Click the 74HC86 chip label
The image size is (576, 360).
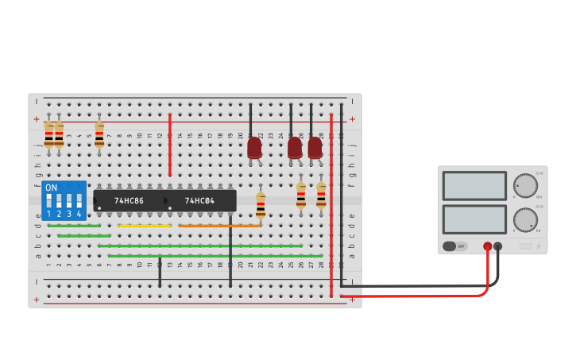(x=129, y=201)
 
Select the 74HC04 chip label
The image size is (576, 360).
(x=199, y=201)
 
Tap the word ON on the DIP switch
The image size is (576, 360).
(x=52, y=188)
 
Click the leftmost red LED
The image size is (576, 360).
(x=254, y=148)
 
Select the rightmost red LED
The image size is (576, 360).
(x=315, y=148)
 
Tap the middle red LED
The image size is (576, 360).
(x=295, y=148)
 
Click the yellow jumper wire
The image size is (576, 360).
(x=145, y=226)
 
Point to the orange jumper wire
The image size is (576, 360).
(x=220, y=226)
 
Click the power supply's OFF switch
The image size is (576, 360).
(x=455, y=246)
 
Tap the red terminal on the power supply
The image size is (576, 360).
(x=488, y=246)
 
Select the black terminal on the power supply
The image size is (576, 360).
(x=498, y=246)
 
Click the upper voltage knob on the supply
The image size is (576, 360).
(x=524, y=185)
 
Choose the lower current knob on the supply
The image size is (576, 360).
(x=524, y=219)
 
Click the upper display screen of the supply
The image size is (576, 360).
(x=474, y=186)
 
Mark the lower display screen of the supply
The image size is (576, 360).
(x=474, y=219)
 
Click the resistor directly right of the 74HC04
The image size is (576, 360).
(x=261, y=205)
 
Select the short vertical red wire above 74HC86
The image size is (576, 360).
(x=170, y=145)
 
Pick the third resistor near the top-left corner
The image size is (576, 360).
(x=99, y=134)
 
